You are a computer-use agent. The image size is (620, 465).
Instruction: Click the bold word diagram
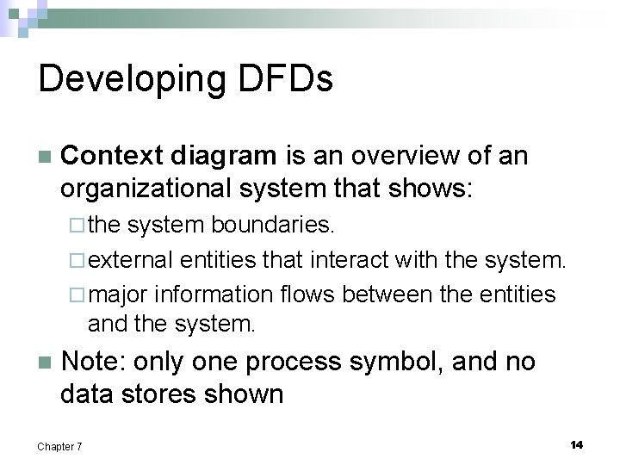click(x=224, y=156)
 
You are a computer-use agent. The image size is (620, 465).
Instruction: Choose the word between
click(x=388, y=294)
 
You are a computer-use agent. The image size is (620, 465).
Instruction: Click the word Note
click(x=92, y=362)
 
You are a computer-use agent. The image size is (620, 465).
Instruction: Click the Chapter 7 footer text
click(x=59, y=446)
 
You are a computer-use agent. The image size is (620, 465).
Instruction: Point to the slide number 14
click(x=576, y=444)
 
